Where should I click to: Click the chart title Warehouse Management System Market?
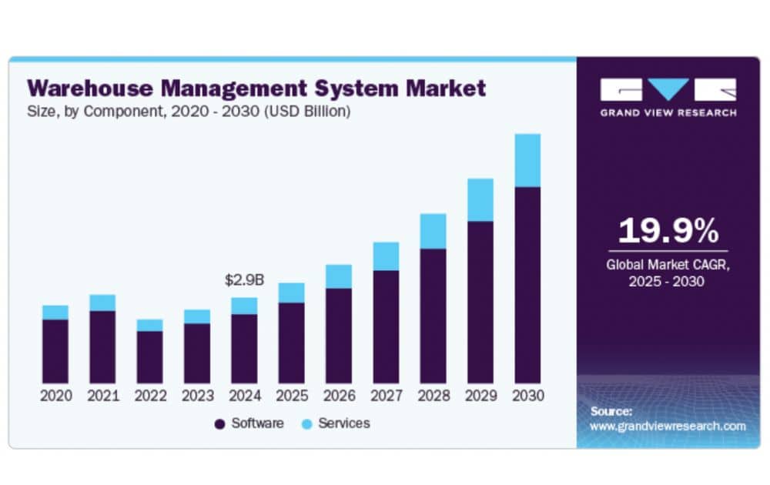tap(256, 88)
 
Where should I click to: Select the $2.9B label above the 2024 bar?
tap(244, 280)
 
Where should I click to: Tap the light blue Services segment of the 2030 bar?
tap(527, 160)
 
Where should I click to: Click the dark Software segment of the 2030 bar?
tap(527, 285)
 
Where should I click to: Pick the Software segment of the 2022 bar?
tap(149, 356)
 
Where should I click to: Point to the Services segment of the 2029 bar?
tap(480, 200)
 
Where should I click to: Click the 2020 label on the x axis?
tap(55, 396)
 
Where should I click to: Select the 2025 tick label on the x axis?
tap(291, 396)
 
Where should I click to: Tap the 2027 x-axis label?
tap(386, 396)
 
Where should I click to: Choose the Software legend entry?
tap(250, 423)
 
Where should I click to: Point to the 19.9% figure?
tap(668, 231)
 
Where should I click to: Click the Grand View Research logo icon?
tap(668, 89)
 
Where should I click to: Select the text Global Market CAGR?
tap(667, 265)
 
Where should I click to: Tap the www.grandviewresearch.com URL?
tap(668, 426)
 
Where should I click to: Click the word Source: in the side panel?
tap(611, 411)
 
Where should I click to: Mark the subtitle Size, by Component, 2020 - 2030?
tap(189, 112)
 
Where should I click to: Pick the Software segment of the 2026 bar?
tap(339, 336)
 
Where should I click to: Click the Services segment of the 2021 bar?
tap(102, 303)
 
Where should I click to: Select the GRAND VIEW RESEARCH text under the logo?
tap(668, 112)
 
